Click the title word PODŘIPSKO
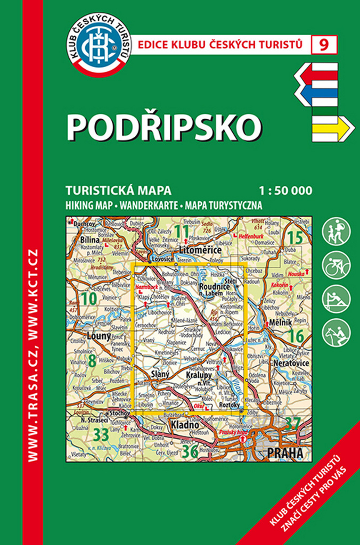pos(163,127)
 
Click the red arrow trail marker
pos(316,74)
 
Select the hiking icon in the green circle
pos(336,230)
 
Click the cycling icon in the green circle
pos(336,265)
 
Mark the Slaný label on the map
pos(160,374)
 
